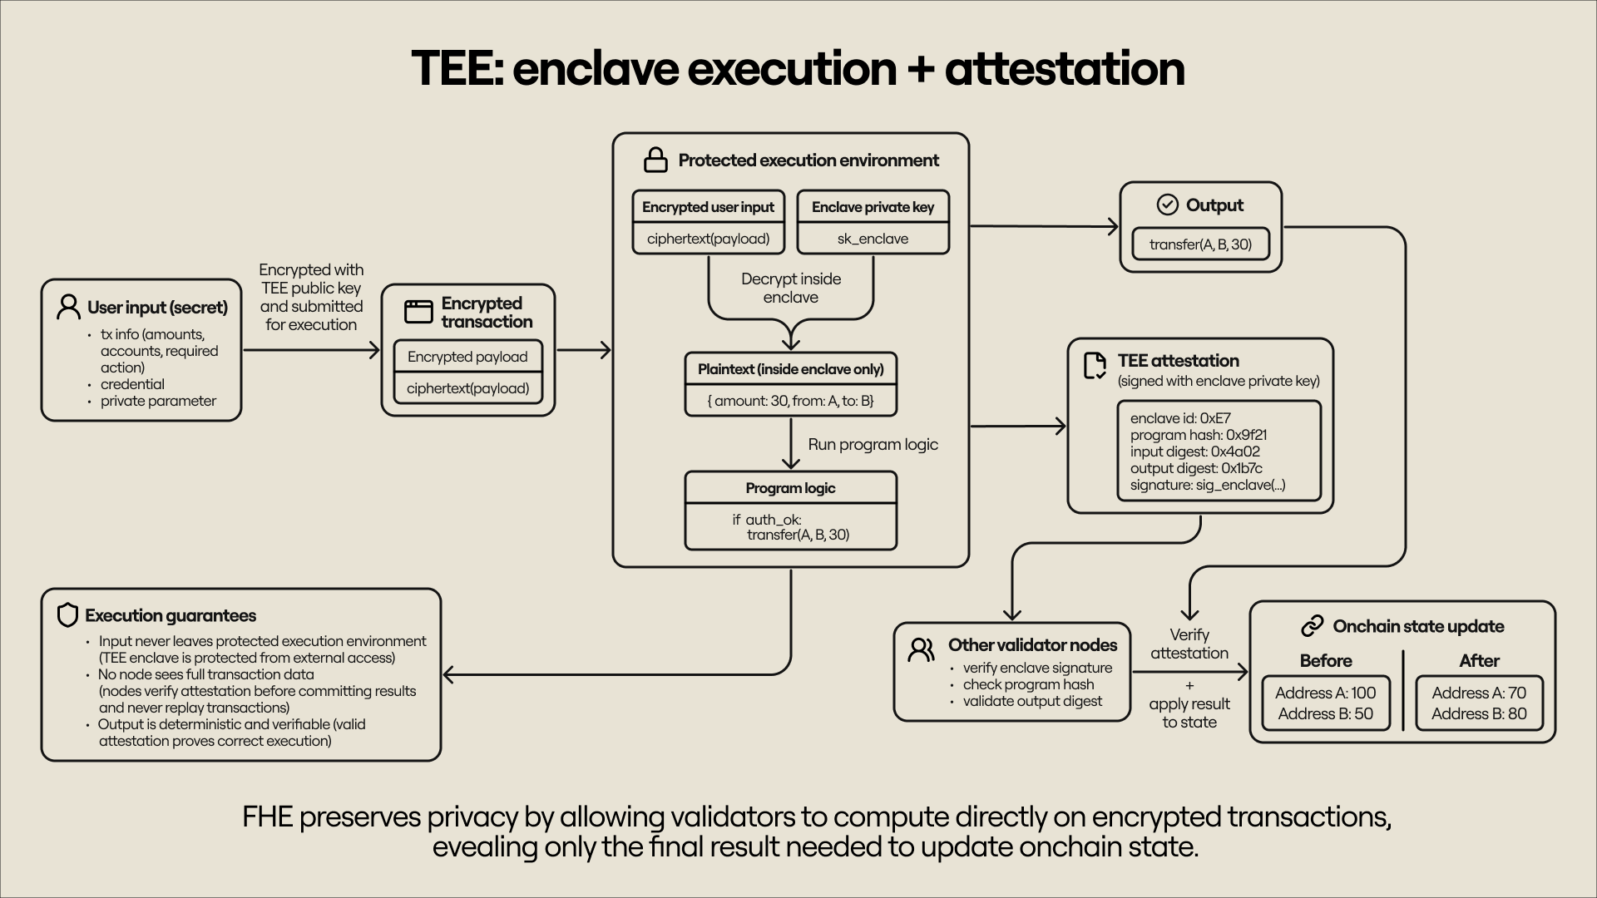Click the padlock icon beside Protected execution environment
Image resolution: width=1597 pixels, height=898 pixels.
(655, 160)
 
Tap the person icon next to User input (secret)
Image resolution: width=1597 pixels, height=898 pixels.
(68, 307)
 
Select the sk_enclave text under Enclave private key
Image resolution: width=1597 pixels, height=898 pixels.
(873, 239)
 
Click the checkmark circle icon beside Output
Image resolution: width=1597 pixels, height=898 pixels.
(1167, 205)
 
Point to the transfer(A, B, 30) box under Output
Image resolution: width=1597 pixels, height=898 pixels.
(1200, 244)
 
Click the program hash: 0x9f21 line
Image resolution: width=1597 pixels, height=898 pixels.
(1198, 435)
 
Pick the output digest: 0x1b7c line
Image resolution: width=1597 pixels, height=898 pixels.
(1195, 468)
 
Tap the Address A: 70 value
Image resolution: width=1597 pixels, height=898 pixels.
(1478, 693)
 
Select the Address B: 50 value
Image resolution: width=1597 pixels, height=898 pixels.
(1325, 713)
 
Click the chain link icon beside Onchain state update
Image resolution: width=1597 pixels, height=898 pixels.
(1312, 626)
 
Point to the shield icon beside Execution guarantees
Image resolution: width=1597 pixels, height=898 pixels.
(67, 615)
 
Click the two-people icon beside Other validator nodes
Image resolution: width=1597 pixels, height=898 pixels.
(921, 649)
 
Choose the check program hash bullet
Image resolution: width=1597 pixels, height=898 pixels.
(1028, 684)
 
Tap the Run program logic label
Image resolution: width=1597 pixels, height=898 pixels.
(873, 445)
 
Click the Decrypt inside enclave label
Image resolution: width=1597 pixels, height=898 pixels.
(790, 289)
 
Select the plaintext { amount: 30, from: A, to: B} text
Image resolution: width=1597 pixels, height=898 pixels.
(790, 401)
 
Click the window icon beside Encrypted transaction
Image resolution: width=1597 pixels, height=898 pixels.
(418, 312)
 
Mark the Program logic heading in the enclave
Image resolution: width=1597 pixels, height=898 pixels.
(790, 488)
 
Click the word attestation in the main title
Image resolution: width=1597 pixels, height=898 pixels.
(1064, 68)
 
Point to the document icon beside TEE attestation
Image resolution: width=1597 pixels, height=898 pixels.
(1095, 365)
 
